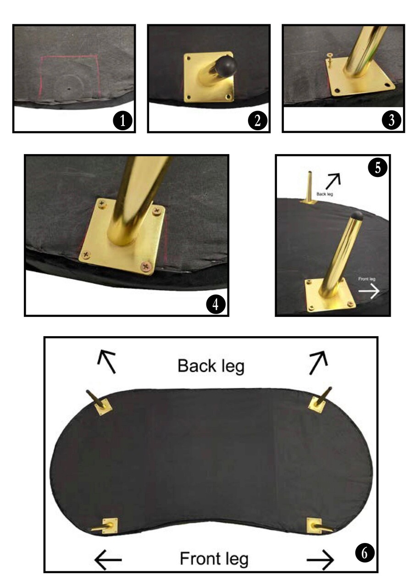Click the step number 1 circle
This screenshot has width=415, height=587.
pyautogui.click(x=122, y=121)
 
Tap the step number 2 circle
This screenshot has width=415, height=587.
pyautogui.click(x=258, y=121)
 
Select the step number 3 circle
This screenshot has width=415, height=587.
pyautogui.click(x=392, y=120)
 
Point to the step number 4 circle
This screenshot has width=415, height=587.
pyautogui.click(x=216, y=304)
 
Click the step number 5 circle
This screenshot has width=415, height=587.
pyautogui.click(x=377, y=167)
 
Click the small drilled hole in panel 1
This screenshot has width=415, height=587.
pyautogui.click(x=69, y=89)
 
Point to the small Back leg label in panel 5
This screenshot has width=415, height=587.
pyautogui.click(x=325, y=194)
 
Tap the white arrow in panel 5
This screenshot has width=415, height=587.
pyautogui.click(x=369, y=291)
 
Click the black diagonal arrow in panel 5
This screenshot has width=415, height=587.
pyautogui.click(x=333, y=181)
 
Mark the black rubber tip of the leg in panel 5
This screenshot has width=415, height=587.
pyautogui.click(x=357, y=216)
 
